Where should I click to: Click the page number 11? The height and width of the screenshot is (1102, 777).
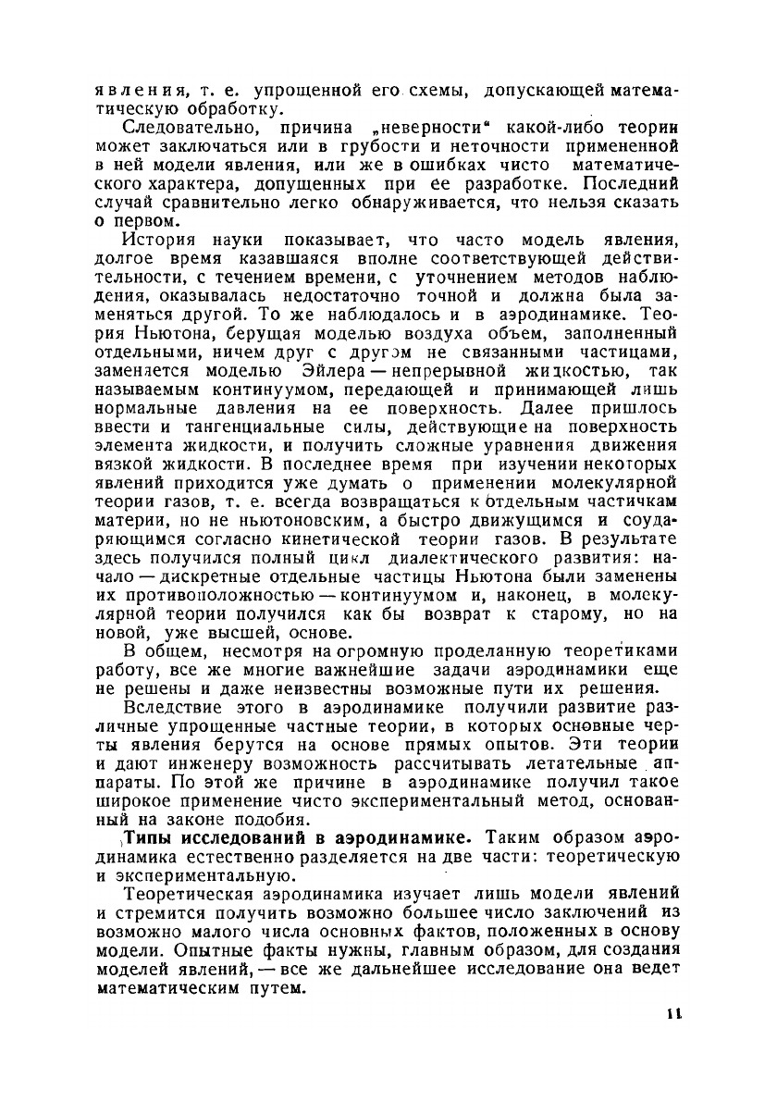[x=673, y=1014]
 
